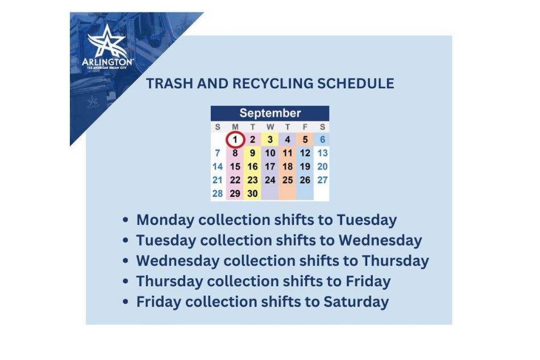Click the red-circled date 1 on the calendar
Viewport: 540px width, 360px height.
pyautogui.click(x=235, y=139)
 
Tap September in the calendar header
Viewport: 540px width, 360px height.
pyautogui.click(x=269, y=113)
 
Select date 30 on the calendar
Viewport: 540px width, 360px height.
pyautogui.click(x=252, y=193)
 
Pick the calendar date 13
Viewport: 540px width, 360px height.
pyautogui.click(x=322, y=153)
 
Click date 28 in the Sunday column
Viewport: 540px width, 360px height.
pyautogui.click(x=217, y=193)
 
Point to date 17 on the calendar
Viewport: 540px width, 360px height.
pyautogui.click(x=270, y=167)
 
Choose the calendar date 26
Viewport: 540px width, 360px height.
pyautogui.click(x=305, y=180)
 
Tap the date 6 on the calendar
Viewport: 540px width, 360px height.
pyautogui.click(x=322, y=139)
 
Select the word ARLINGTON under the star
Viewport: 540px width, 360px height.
pyautogui.click(x=107, y=61)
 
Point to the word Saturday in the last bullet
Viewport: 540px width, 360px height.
pyautogui.click(x=356, y=301)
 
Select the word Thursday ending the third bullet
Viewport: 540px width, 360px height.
pyautogui.click(x=395, y=260)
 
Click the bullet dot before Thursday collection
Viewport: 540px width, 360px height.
pyautogui.click(x=126, y=282)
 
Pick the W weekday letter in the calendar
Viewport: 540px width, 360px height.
pyautogui.click(x=270, y=127)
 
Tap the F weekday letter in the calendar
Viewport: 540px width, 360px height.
pyautogui.click(x=305, y=127)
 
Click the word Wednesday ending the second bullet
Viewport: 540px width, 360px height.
pyautogui.click(x=380, y=240)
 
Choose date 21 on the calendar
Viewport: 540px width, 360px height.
pyautogui.click(x=217, y=180)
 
